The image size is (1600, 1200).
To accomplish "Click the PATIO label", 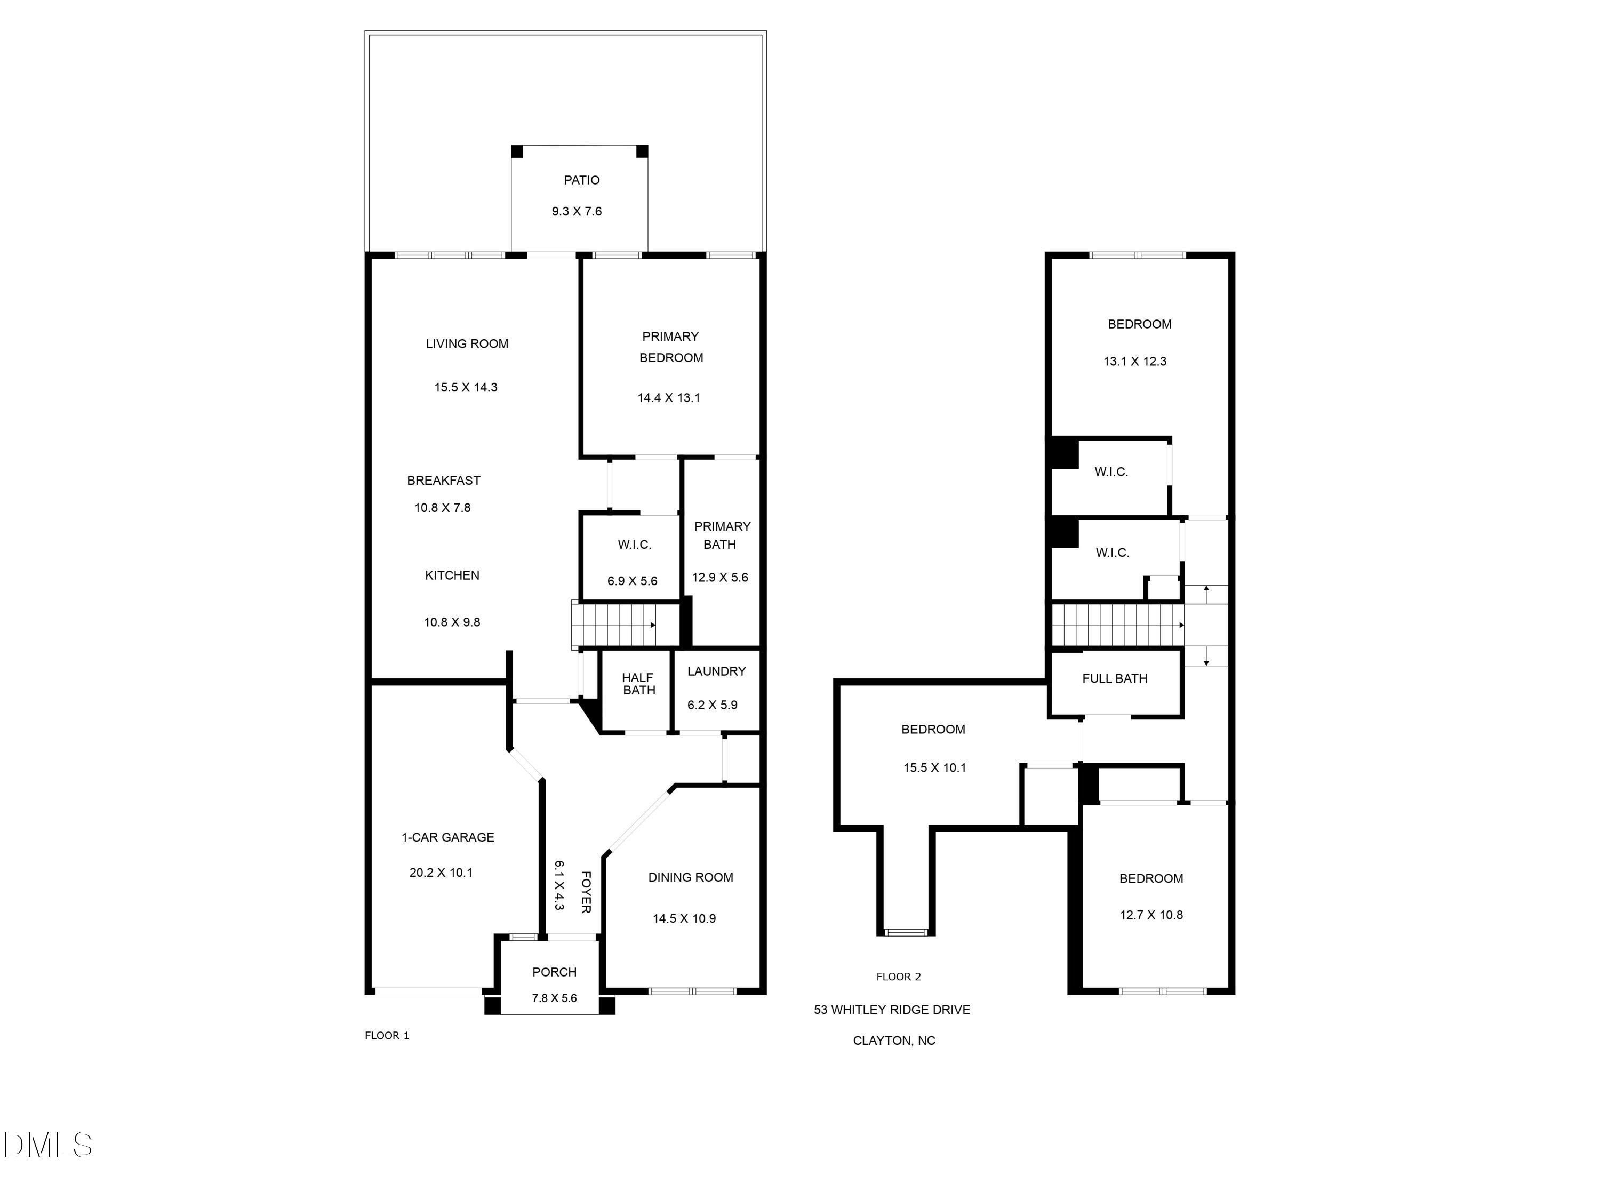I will click(581, 180).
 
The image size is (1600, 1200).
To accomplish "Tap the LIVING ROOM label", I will click(467, 343).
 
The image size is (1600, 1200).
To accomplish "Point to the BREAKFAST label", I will click(443, 481).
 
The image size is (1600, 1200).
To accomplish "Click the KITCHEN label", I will click(452, 575).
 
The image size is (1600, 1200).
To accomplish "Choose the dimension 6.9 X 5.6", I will click(632, 581).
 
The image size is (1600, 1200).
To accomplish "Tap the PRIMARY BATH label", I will click(721, 535).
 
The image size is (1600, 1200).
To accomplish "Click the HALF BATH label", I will click(638, 684).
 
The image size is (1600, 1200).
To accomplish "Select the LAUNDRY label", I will click(716, 671).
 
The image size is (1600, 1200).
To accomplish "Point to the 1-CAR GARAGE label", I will click(448, 837).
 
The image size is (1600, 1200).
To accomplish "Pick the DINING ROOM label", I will click(690, 877).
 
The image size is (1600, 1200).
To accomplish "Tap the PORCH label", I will click(554, 972).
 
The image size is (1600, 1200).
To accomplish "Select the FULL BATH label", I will click(1115, 678).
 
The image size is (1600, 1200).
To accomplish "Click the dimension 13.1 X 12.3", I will click(1135, 362).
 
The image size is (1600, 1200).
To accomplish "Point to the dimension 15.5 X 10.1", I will click(934, 768).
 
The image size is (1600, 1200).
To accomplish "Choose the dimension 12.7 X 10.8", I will click(1151, 915).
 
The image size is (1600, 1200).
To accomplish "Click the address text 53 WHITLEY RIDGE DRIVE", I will click(892, 1010).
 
